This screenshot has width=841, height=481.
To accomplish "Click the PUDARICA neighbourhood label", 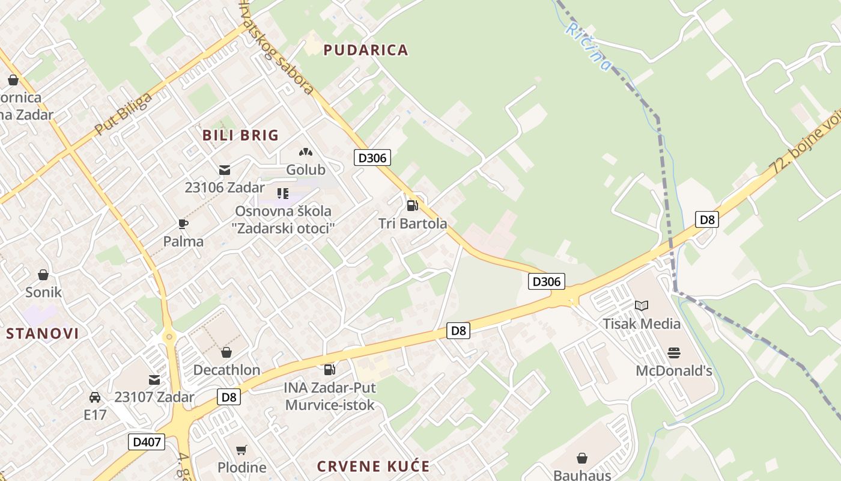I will (366, 50).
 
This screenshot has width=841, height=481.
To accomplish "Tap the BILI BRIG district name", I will (240, 135).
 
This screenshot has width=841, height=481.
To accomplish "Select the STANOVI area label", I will (43, 334).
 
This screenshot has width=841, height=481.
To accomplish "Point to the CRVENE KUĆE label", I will (373, 467).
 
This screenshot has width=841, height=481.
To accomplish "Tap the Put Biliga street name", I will (123, 114).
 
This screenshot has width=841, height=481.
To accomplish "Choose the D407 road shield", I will (147, 442).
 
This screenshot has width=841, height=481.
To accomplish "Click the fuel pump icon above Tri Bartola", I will (412, 206).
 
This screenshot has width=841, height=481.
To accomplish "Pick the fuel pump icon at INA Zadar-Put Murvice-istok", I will (329, 369).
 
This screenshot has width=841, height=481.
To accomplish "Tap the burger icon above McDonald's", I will (674, 353).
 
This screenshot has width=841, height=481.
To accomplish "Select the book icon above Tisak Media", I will (642, 305).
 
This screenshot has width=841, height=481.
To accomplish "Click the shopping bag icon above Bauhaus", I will (581, 458).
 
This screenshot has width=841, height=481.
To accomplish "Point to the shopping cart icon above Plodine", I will (241, 450).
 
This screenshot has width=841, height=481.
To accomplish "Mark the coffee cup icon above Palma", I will (183, 224).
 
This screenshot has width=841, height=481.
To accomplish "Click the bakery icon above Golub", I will (306, 152).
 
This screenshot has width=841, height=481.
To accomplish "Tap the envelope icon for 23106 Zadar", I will (225, 170).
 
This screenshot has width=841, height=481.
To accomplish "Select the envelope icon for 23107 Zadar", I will (154, 379).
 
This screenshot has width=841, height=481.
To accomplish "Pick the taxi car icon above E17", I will (95, 397).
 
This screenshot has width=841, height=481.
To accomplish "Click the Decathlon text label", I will (226, 370).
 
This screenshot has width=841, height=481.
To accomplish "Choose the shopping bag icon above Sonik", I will (43, 275).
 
